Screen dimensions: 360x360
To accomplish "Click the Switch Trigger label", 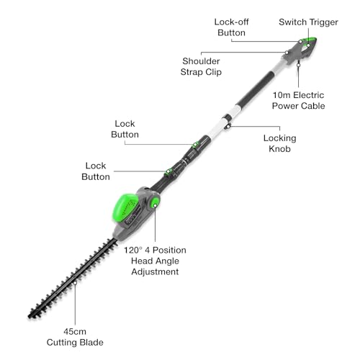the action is point(308,22).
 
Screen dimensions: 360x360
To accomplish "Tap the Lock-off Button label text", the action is point(231,27).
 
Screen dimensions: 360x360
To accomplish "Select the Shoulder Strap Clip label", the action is point(201,66).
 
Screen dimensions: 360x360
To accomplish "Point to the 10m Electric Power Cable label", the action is point(298,100).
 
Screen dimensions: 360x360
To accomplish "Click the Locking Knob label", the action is point(279,143).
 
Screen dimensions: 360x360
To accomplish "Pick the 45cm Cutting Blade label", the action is point(75,337).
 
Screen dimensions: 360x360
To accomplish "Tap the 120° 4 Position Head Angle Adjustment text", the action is point(155,261).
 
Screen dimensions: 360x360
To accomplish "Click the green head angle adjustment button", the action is point(155,203).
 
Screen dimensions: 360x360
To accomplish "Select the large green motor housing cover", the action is point(126,207).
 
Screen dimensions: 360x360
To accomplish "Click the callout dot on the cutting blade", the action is point(75,283).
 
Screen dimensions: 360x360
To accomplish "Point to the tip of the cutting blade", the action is point(29,318).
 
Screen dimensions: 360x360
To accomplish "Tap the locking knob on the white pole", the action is point(228,125).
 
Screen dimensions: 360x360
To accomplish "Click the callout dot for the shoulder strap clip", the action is point(287,53).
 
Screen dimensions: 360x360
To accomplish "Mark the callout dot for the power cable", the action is point(298,65).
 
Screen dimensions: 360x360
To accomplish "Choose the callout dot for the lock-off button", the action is point(300,42).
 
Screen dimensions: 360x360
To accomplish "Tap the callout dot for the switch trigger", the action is point(308,45).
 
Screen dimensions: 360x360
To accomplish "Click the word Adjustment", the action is point(155,271).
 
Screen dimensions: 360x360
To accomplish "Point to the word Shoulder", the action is point(201,61).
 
